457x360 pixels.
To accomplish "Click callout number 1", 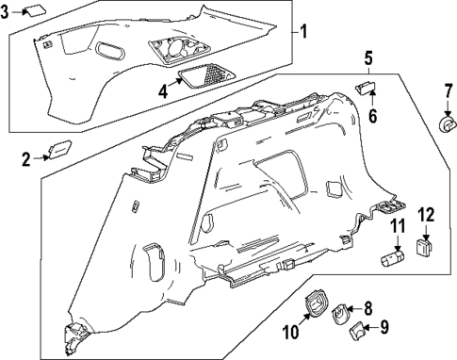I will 303,31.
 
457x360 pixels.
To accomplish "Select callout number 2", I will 26,159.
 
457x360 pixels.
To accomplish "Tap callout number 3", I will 8,12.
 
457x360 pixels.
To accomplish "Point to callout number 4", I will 164,91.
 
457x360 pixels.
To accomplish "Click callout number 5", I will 368,59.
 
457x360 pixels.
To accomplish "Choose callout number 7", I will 448,91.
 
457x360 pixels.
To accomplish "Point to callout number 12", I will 425,215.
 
